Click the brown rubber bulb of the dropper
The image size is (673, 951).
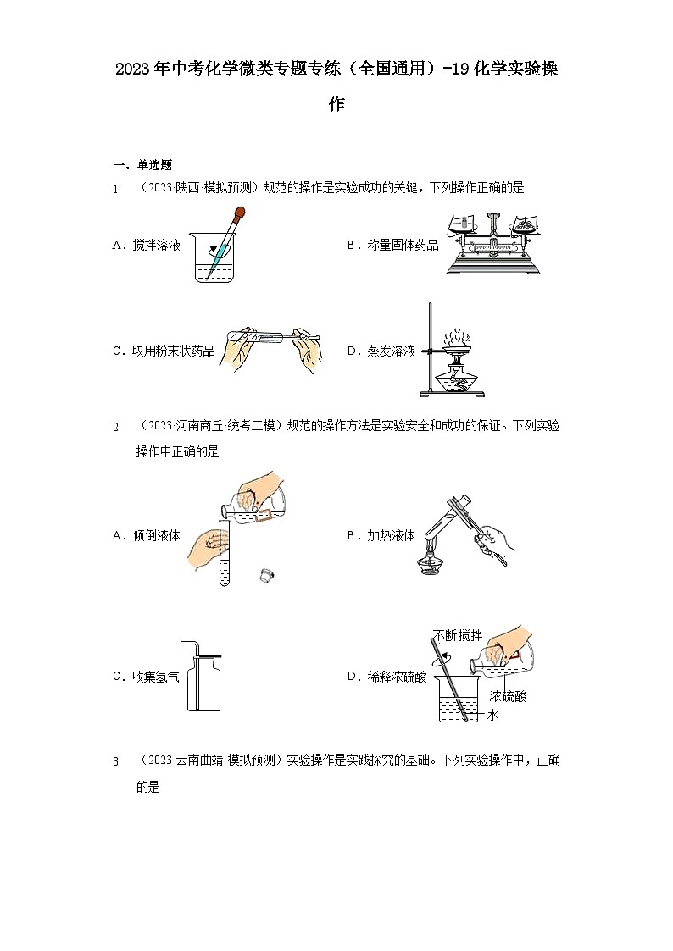point(240,213)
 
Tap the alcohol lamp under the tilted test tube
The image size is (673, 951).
point(433,562)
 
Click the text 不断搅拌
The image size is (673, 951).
point(457,635)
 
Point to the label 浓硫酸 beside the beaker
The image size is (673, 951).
point(508,697)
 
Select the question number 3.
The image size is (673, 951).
point(116,762)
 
